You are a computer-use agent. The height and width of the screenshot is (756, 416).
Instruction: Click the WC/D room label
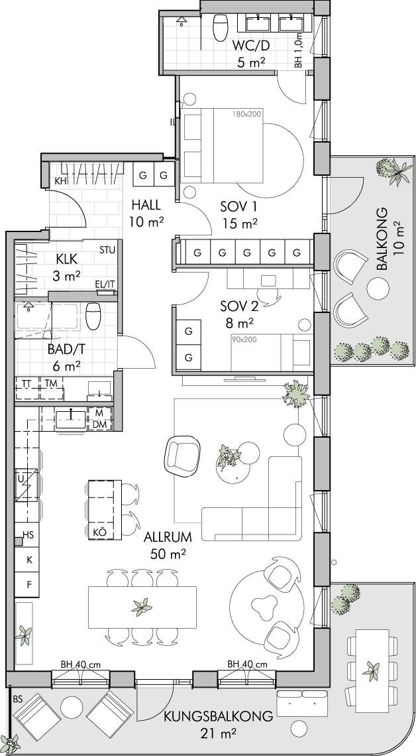click(250, 46)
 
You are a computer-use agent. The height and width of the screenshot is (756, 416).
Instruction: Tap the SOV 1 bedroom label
click(239, 207)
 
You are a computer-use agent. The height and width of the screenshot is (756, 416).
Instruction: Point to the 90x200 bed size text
click(244, 340)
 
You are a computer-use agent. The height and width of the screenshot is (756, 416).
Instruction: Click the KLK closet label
click(67, 259)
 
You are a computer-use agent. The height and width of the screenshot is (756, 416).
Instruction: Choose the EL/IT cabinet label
click(105, 284)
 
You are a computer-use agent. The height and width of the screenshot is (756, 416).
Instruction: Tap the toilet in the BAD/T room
click(93, 316)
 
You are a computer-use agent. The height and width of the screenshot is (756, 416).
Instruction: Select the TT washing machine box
click(28, 388)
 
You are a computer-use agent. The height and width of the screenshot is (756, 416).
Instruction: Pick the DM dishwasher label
click(99, 424)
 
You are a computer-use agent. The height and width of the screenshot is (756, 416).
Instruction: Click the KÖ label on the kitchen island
click(99, 533)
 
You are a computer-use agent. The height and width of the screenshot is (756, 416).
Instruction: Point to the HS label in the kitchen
click(29, 535)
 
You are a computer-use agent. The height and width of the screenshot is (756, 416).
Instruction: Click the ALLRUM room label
click(168, 536)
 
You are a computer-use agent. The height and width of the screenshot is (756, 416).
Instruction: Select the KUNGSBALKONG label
click(219, 716)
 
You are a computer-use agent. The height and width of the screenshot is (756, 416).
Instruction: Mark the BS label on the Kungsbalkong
click(19, 698)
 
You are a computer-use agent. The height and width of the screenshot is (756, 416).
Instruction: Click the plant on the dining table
click(142, 607)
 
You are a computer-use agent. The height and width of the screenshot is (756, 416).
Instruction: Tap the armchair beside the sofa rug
click(182, 456)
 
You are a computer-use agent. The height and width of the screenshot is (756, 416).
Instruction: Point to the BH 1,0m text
click(299, 50)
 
